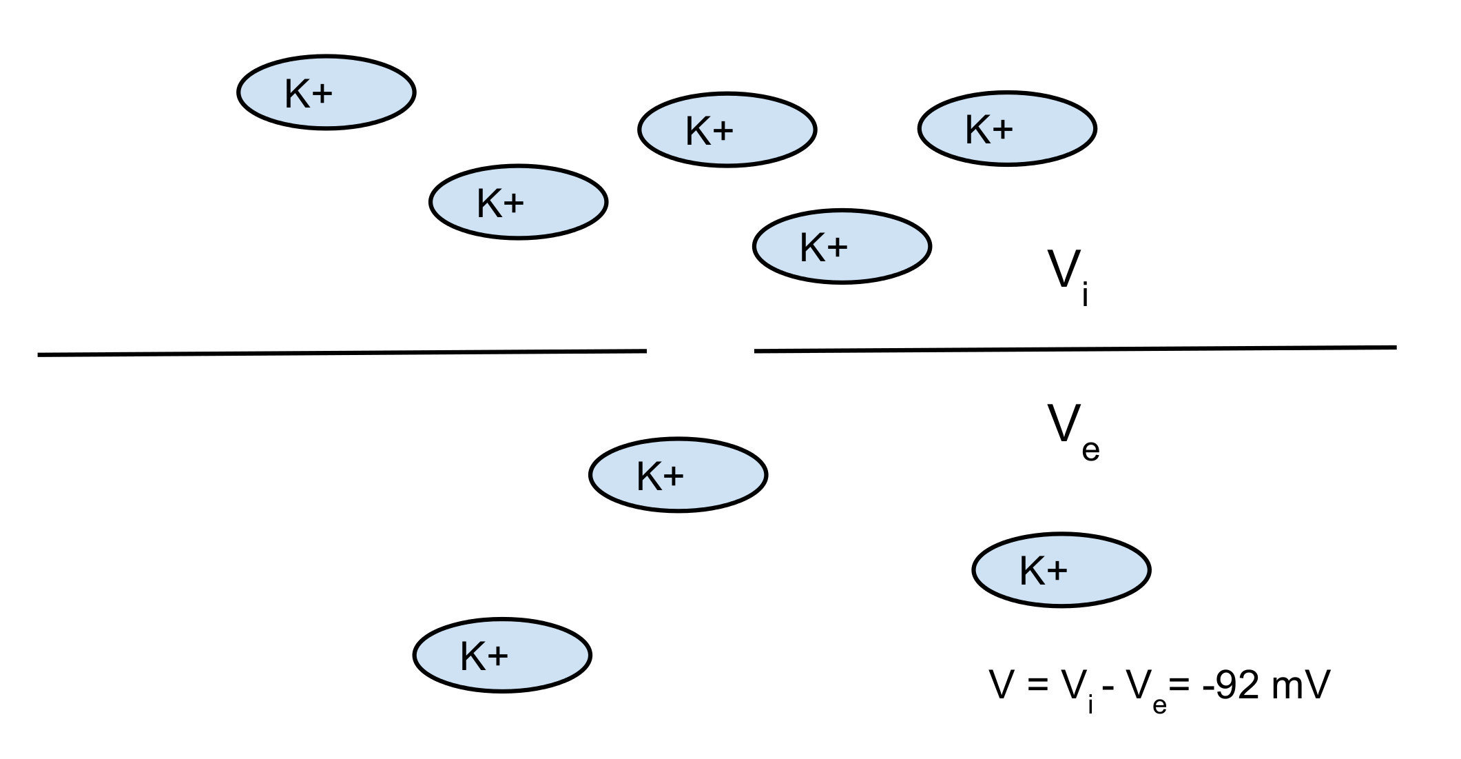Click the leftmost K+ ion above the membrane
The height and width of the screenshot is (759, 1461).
tap(326, 92)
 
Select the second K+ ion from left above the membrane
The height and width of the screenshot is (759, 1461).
tap(518, 202)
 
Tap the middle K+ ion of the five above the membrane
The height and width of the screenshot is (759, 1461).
tap(727, 130)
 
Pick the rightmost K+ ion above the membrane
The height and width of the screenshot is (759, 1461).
tap(1006, 128)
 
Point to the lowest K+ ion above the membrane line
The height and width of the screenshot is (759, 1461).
tap(841, 246)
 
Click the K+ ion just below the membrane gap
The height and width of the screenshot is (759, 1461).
tap(678, 475)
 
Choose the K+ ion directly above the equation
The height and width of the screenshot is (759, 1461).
tap(1061, 570)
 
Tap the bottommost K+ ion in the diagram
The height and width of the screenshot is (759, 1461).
tap(502, 655)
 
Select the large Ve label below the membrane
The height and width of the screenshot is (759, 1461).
tap(1072, 430)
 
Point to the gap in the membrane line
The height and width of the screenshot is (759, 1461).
tap(700, 351)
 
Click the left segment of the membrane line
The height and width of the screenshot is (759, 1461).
tap(342, 353)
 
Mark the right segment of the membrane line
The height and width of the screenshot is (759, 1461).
tap(1075, 349)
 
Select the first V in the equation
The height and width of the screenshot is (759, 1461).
tap(1000, 685)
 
